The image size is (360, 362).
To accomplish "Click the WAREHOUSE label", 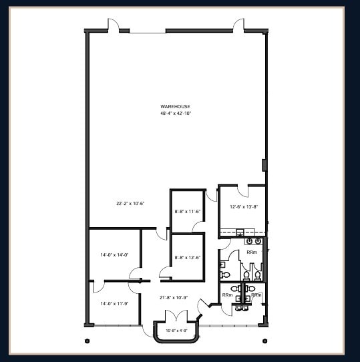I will point(175,107).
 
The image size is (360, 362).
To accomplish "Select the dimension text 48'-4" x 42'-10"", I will point(175,114).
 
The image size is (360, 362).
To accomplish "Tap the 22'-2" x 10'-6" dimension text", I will point(130,203).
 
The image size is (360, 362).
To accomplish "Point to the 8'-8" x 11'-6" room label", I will point(187,211).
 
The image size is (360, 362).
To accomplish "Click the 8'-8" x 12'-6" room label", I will point(187,257).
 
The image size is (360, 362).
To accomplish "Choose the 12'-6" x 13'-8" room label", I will point(244,206).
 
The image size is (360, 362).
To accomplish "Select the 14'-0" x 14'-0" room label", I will point(114,254).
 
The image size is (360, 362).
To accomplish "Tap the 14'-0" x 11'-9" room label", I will point(114,303).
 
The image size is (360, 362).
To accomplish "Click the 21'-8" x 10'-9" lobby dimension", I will point(174,297).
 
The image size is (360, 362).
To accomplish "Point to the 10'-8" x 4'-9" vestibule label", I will point(176,330).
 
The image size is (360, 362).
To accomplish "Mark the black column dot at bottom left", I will point(87,341).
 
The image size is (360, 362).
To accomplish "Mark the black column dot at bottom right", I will point(265,341).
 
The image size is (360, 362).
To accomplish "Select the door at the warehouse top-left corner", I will point(114,25).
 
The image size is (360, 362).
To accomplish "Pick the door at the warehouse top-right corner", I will point(238,25).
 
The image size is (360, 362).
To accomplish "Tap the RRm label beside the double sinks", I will point(252,252).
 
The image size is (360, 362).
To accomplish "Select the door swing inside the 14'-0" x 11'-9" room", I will point(99,287).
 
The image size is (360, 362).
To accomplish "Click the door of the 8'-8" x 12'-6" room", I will point(165,271).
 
